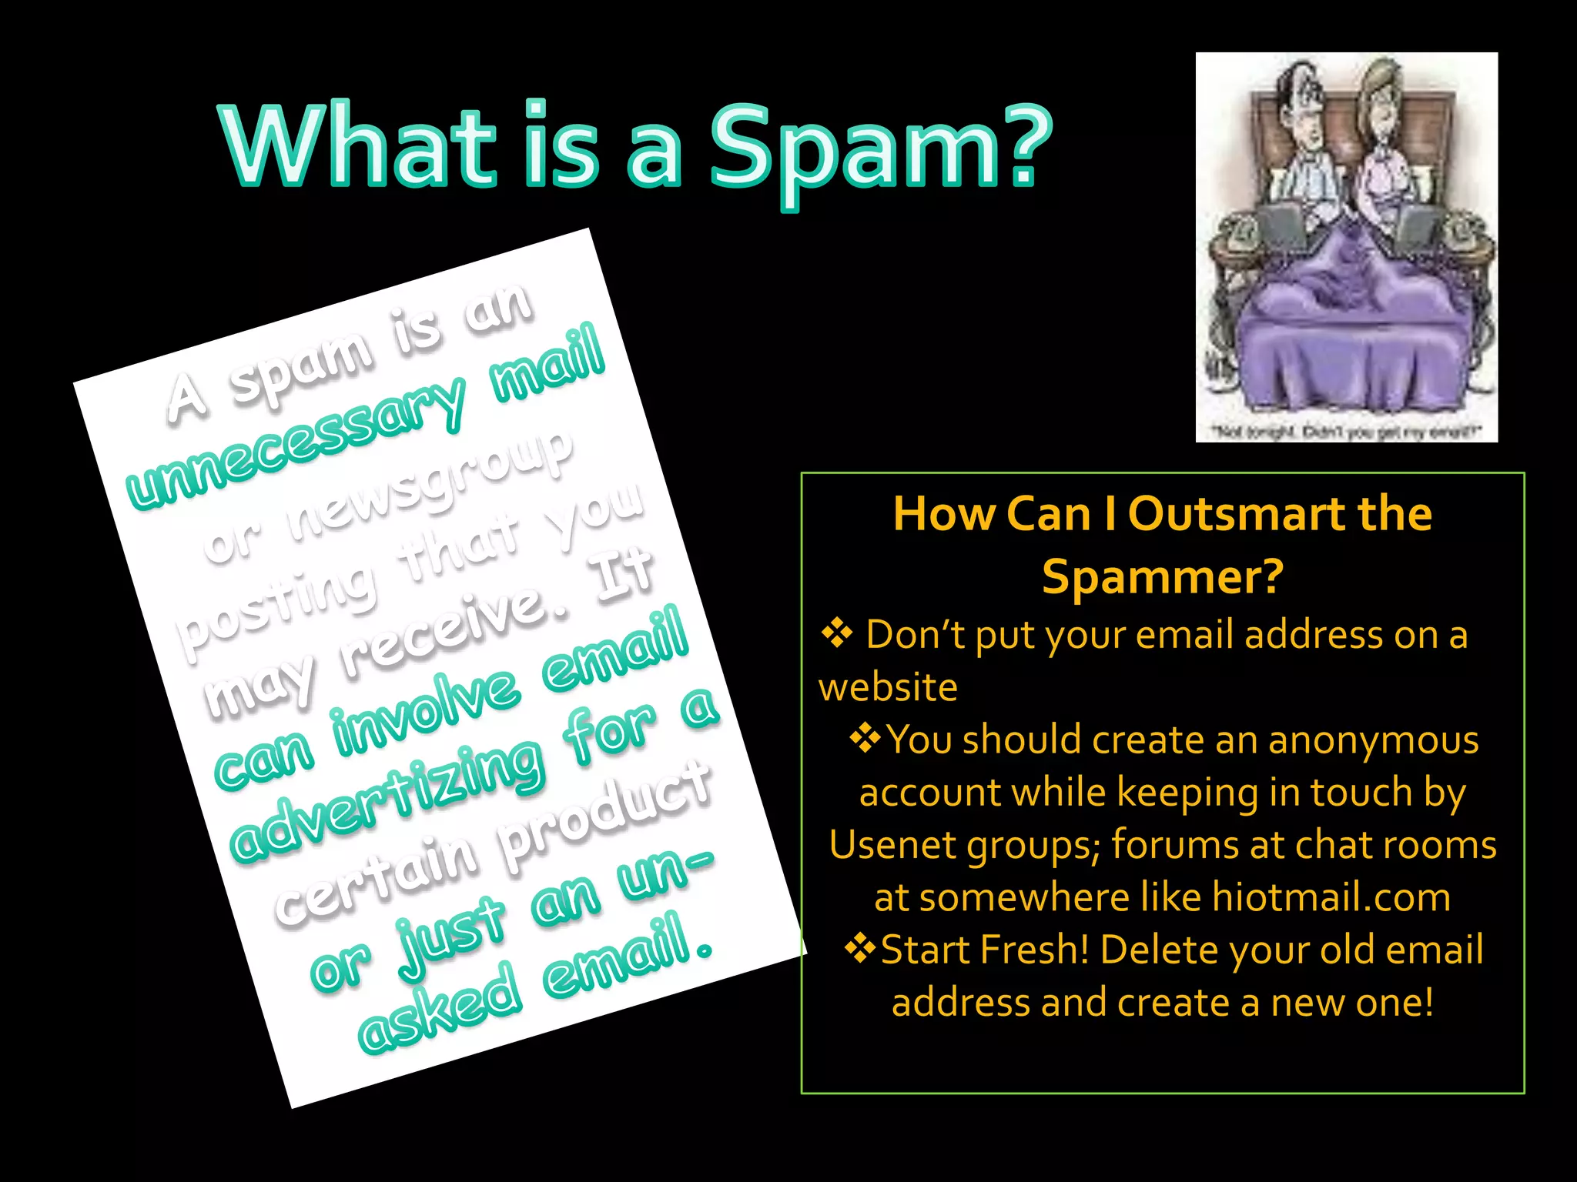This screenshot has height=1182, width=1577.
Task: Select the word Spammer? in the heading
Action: tap(1163, 576)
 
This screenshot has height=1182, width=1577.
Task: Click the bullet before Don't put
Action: tap(836, 633)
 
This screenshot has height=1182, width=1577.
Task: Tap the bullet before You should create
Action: tap(865, 739)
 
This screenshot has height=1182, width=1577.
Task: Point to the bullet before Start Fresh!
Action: tap(860, 948)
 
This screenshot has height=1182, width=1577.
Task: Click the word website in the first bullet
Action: tap(888, 686)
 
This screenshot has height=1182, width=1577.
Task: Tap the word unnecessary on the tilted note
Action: tap(296, 442)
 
